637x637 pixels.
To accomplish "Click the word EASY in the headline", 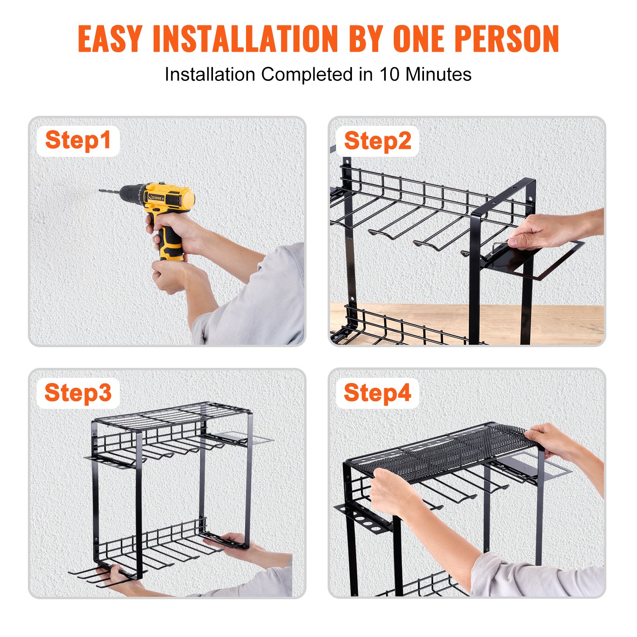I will pos(109,39).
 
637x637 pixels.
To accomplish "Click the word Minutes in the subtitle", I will pos(438,74).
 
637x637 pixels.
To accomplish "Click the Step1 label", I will pos(78,141).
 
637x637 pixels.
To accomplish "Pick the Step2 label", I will pos(377,141).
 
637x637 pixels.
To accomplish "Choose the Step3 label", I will pos(78,393).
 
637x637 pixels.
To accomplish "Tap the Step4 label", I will pos(377,393).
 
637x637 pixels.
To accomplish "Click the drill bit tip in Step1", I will pos(101,191).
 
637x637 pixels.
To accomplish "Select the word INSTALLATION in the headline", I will pos(245,39).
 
